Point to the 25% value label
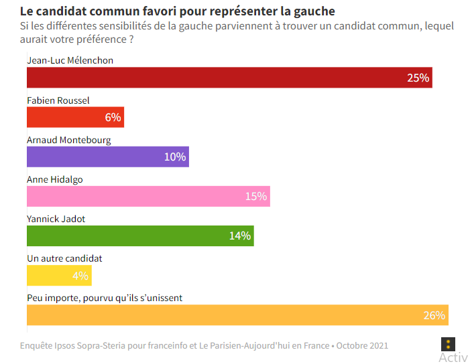418,78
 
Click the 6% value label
113,117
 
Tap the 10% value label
174,157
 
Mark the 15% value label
255,196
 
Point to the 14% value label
239,236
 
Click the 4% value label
80,275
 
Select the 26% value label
434,314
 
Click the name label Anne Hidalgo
54,179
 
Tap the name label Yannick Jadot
56,219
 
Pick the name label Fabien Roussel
58,100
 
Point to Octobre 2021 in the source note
362,346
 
